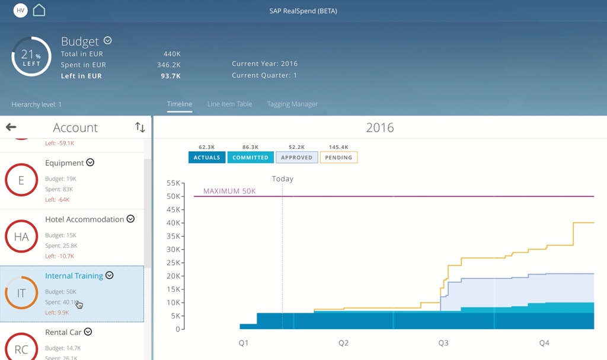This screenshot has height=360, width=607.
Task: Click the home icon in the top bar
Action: coord(39,10)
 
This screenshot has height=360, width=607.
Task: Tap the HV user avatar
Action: coord(20,11)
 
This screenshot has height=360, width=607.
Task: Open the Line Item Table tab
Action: coord(229,104)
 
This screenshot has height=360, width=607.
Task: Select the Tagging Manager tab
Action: coord(292,104)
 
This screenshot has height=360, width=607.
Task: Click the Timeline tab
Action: coord(179,104)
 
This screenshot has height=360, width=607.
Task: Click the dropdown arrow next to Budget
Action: coord(108,41)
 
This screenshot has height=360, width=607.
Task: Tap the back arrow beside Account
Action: coord(11,127)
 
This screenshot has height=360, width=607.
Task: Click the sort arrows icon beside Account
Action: coord(140,127)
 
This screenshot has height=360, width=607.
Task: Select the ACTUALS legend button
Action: coord(207,158)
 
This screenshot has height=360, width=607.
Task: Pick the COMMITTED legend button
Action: coord(250,158)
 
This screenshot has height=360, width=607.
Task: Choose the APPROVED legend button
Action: coord(296,158)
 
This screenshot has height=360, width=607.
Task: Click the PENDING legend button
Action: coord(338,158)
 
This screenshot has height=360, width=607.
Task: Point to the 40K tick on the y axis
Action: coord(173,223)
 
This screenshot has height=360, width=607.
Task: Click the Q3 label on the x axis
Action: coord(443,343)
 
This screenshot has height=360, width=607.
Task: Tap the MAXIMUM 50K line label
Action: coord(229,191)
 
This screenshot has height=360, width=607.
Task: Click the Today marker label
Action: coord(283,179)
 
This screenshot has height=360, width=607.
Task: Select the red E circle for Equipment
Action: coord(21,180)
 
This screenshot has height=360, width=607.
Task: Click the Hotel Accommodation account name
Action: coord(85,219)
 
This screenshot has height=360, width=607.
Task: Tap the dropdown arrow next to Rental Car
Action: coord(88,332)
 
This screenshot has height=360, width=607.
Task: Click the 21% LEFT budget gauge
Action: coord(31,57)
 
